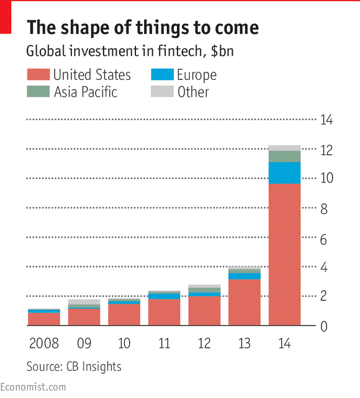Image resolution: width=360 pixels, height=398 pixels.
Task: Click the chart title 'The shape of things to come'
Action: (142, 28)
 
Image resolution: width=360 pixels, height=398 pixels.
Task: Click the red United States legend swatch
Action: (37, 76)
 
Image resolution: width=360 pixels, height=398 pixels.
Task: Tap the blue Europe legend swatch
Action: (162, 76)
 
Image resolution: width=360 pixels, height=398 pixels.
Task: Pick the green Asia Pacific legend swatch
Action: (37, 92)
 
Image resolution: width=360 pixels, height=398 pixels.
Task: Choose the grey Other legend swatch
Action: (162, 92)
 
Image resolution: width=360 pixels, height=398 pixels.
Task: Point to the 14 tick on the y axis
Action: (326, 120)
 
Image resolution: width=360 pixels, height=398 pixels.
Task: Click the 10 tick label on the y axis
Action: (326, 179)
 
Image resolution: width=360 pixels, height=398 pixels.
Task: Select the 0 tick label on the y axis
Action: (323, 327)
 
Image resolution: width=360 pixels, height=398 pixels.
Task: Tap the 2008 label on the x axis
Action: (44, 343)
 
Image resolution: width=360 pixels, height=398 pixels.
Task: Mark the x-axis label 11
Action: (164, 343)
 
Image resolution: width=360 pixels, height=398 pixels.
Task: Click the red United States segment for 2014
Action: (284, 254)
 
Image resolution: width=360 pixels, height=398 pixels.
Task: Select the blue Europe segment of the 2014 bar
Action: (284, 173)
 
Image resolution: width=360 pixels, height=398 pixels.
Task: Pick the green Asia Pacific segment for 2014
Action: (284, 156)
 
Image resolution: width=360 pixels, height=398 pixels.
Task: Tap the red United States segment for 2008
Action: (44, 319)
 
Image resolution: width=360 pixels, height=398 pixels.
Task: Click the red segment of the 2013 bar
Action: (244, 303)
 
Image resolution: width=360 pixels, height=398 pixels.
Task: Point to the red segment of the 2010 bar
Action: (124, 315)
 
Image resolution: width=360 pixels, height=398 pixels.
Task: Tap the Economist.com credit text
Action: (34, 387)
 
